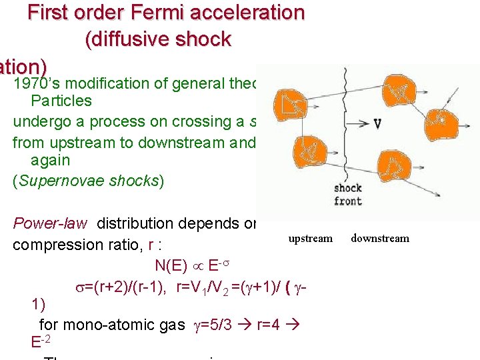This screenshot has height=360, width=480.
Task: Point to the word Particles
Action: pyautogui.click(x=61, y=101)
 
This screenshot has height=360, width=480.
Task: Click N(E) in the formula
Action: pyautogui.click(x=170, y=265)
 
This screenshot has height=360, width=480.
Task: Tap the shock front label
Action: pyautogui.click(x=348, y=195)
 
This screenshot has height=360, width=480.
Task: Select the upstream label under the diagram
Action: pyautogui.click(x=310, y=238)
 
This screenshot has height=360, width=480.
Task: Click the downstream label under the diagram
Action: pyautogui.click(x=380, y=238)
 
